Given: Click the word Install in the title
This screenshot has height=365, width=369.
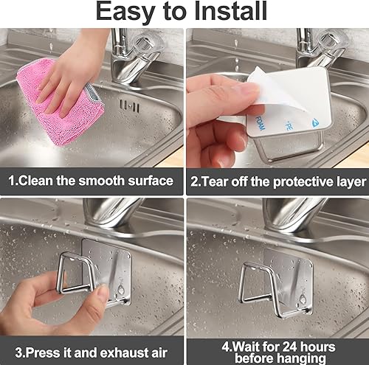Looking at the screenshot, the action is click(230, 11).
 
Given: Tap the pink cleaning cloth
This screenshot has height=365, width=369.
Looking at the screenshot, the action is click(61, 101).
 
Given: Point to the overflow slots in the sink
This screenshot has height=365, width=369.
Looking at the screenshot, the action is click(130, 106).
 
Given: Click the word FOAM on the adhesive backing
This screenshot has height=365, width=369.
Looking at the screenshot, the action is click(260, 122).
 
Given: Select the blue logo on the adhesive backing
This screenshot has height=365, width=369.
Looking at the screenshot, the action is click(316, 122).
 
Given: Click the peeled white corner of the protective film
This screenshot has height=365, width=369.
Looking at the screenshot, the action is click(256, 74).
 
